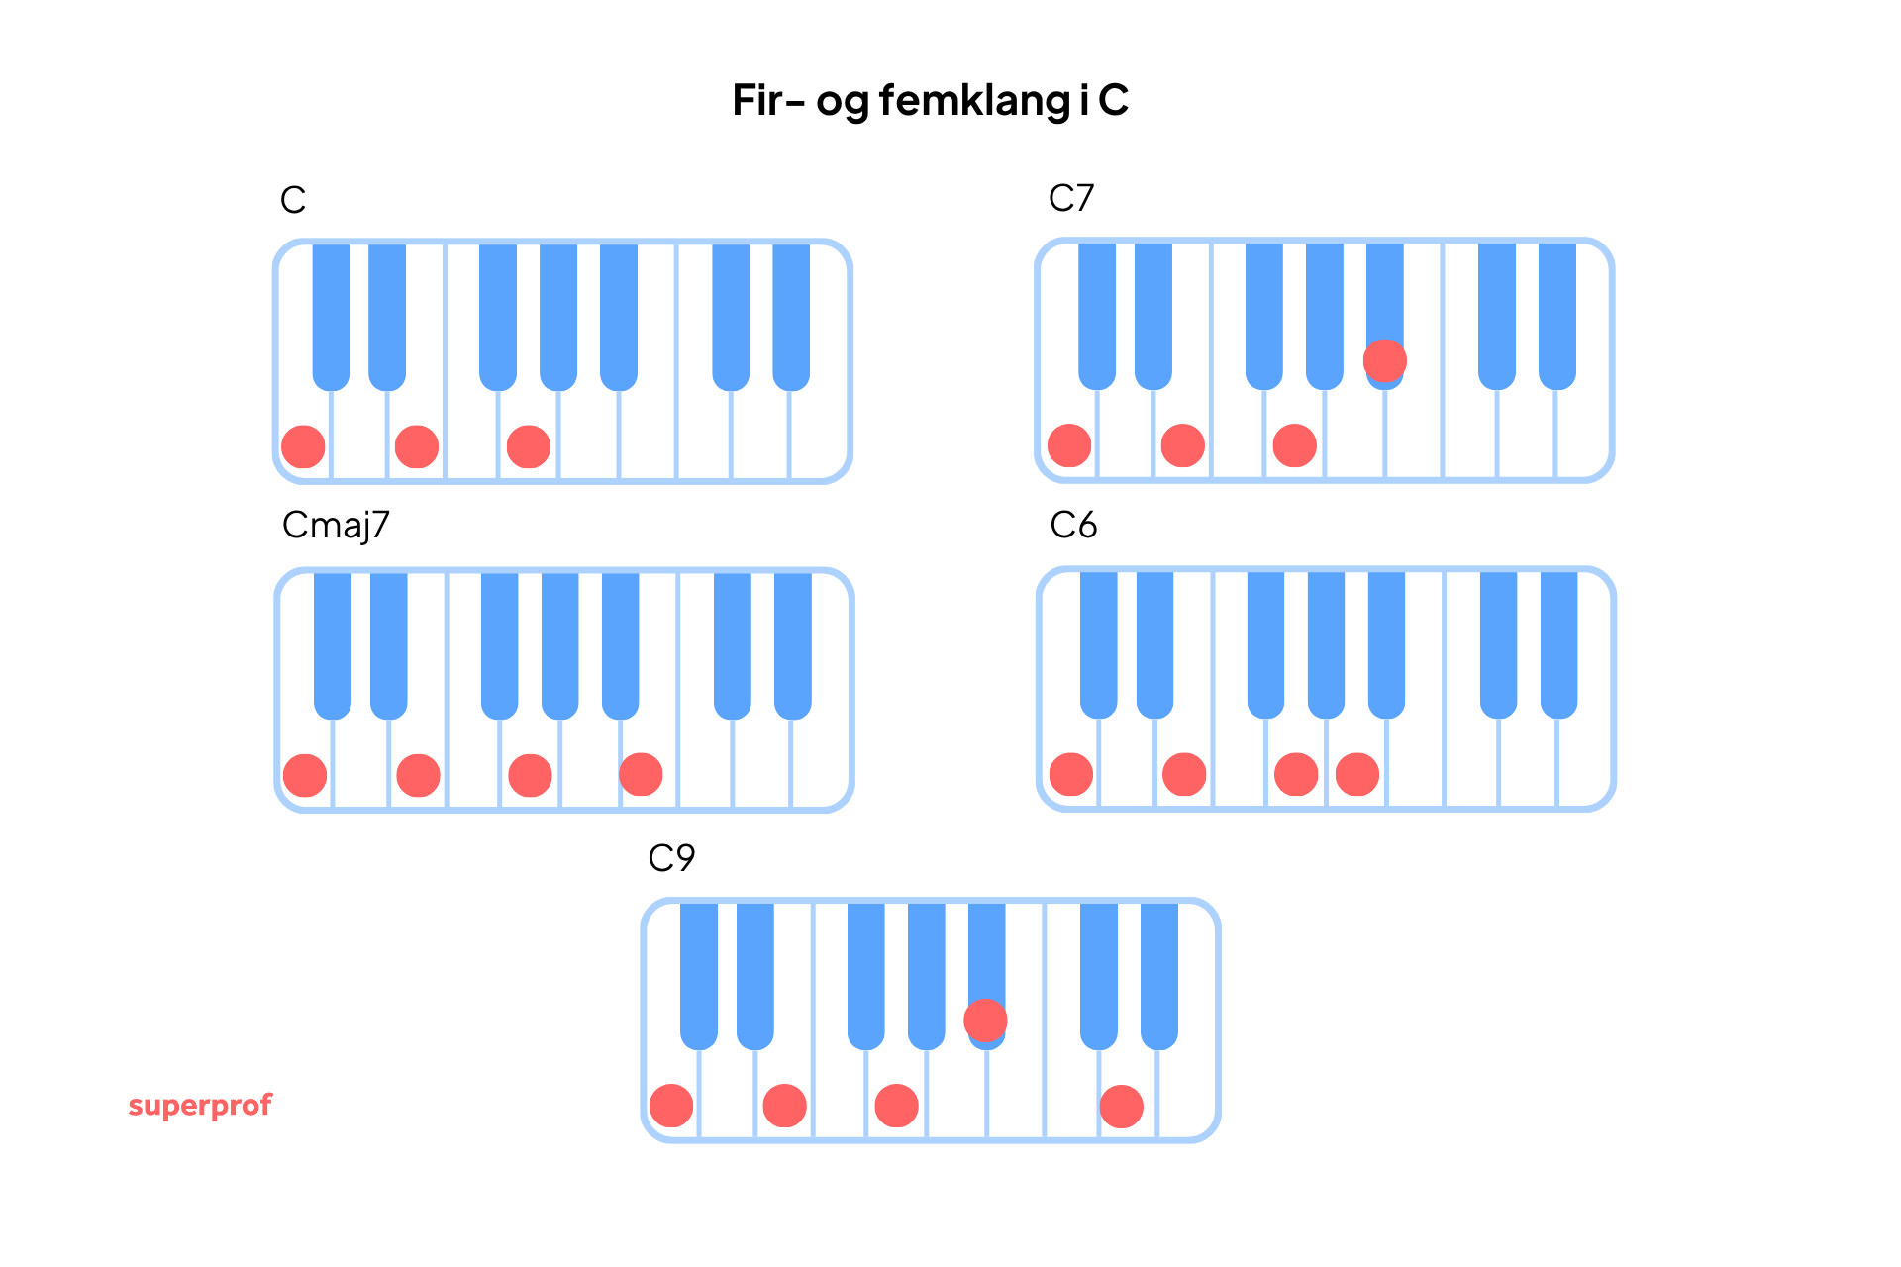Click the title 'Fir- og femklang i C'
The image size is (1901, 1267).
pos(930,100)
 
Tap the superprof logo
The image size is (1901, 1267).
pos(200,1105)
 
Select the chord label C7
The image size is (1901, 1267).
pos(1070,198)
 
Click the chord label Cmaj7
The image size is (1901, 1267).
pos(336,526)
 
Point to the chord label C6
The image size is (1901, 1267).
pos(1072,525)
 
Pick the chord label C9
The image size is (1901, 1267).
pos(671,857)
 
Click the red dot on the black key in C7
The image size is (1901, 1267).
pos(1384,360)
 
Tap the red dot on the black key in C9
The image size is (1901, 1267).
pos(985,1021)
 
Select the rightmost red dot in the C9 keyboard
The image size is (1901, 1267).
pos(1121,1106)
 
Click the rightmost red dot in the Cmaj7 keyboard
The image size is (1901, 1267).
pos(641,774)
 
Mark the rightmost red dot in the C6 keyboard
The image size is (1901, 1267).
pos(1356,774)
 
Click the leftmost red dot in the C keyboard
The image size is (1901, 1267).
pos(303,446)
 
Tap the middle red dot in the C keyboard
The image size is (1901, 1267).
pos(417,446)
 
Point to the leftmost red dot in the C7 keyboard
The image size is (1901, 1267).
pos(1069,445)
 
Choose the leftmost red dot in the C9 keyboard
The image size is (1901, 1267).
pos(671,1106)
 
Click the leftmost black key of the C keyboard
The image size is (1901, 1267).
pos(331,312)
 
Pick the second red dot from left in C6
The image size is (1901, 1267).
pos(1184,774)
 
